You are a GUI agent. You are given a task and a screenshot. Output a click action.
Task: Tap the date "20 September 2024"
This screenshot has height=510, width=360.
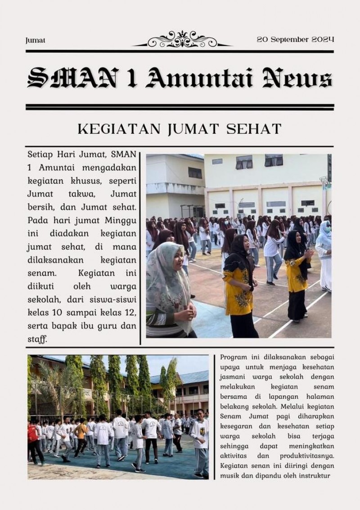tap(295, 39)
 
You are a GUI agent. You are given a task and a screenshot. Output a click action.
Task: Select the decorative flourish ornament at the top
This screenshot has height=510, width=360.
tap(182, 39)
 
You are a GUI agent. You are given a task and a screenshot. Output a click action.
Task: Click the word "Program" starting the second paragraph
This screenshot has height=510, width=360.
tap(234, 357)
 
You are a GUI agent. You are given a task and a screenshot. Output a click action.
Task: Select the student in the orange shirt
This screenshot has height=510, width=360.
tap(81, 434)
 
